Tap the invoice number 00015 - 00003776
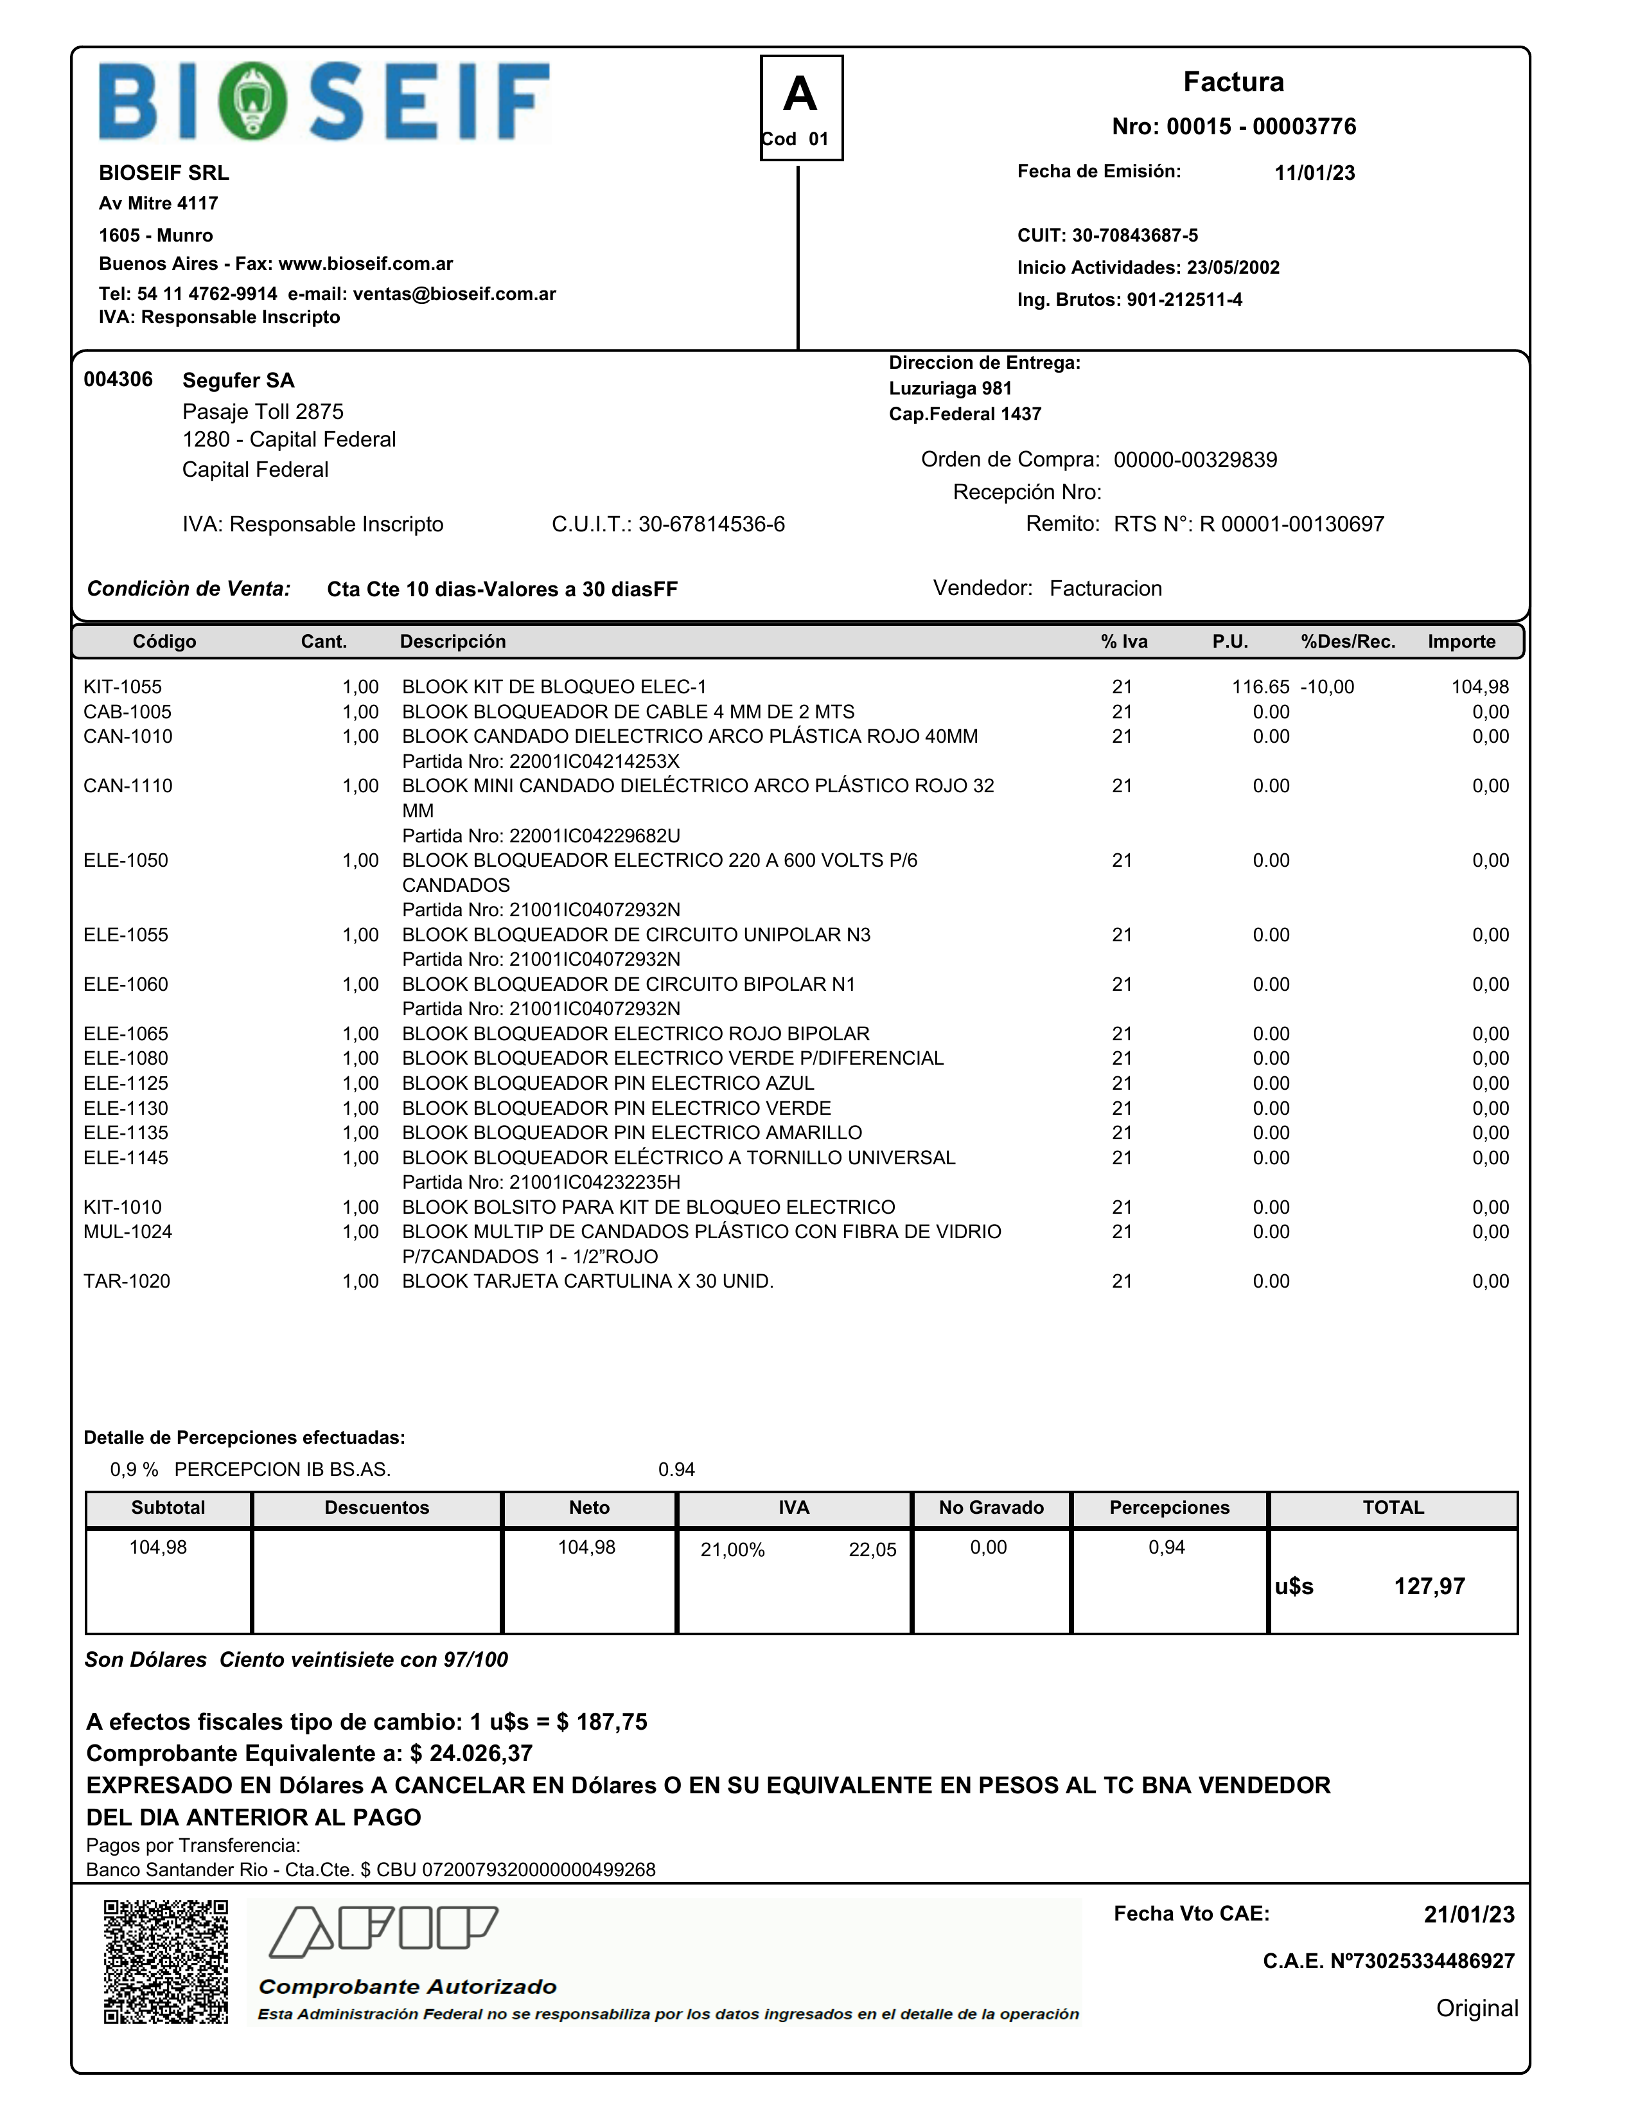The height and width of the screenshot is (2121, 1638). (1233, 126)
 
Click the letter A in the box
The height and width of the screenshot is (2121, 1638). (800, 95)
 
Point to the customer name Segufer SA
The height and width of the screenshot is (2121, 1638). (238, 380)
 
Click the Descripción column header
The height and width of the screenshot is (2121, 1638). (452, 642)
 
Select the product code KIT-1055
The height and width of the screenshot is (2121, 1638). (122, 688)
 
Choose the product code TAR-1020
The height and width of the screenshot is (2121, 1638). (127, 1282)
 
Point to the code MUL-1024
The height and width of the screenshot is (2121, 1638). (127, 1232)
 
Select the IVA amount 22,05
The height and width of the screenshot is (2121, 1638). (872, 1550)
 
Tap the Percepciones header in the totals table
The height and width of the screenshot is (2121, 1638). (1169, 1508)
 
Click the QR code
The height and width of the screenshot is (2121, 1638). (166, 1962)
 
